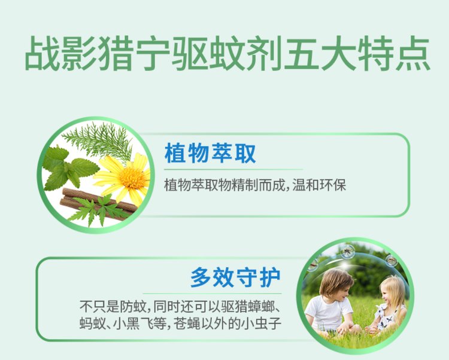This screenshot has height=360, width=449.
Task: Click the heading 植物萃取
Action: (x=210, y=154)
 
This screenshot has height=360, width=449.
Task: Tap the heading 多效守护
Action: (x=235, y=277)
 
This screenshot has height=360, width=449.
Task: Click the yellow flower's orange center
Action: (x=132, y=178)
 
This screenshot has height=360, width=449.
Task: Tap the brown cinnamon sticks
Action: (x=98, y=203)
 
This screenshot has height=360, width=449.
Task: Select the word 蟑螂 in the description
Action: (x=261, y=307)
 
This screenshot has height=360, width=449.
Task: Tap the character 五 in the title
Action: (x=302, y=53)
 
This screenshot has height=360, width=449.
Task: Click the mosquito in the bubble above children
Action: (x=347, y=252)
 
